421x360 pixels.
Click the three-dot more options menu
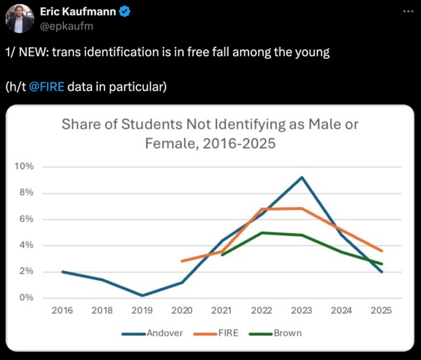coord(407,12)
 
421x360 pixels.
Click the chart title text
coord(210,134)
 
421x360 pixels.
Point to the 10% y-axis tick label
coord(24,166)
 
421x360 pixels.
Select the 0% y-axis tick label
coord(26,298)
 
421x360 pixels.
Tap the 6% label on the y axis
coord(26,219)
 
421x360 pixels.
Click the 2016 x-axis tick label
coord(62,309)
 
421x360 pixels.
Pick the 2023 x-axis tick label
coord(302,309)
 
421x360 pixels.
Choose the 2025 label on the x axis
coord(382,309)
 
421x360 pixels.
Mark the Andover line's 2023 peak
coord(302,177)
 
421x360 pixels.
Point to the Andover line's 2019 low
coord(142,295)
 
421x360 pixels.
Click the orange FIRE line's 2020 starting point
coord(182,261)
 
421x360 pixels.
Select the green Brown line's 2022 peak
coord(262,232)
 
